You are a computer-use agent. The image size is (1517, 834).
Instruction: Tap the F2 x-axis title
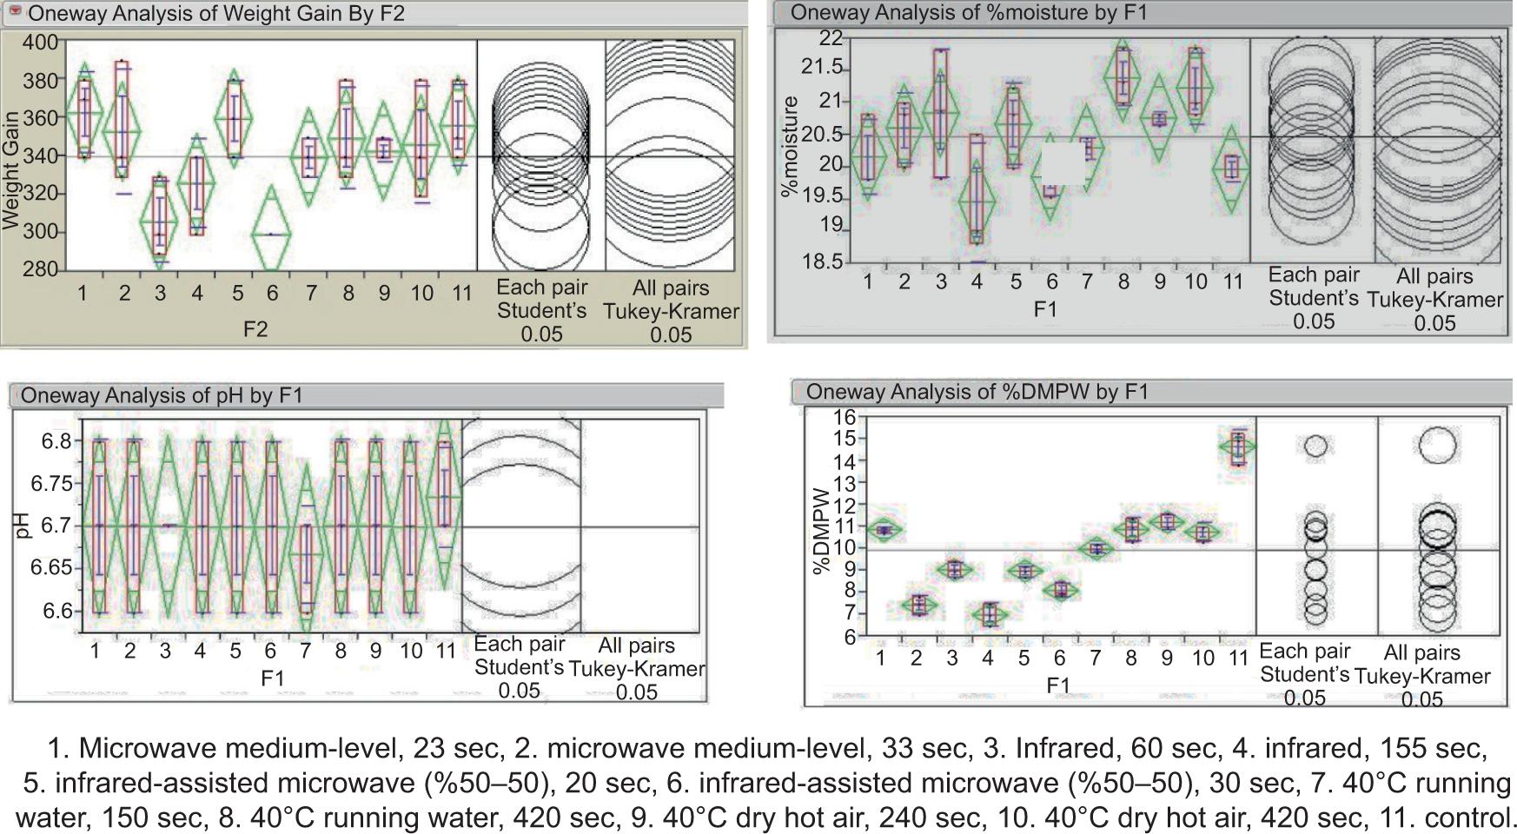pyautogui.click(x=255, y=328)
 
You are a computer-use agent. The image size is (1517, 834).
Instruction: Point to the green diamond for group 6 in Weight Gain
pyautogui.click(x=271, y=233)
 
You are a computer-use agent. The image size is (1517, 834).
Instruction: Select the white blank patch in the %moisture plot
pyautogui.click(x=1063, y=164)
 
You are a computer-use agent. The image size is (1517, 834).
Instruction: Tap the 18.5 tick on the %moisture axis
pyautogui.click(x=824, y=261)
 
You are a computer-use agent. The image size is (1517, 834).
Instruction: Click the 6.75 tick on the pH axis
pyautogui.click(x=57, y=484)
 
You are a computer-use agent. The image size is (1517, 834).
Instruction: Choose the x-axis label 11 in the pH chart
pyautogui.click(x=445, y=650)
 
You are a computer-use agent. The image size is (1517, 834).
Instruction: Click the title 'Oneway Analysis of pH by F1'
pyautogui.click(x=162, y=395)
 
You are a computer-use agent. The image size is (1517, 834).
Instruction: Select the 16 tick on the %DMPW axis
pyautogui.click(x=845, y=417)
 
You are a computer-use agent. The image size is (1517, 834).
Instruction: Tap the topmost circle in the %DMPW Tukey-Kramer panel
pyautogui.click(x=1437, y=446)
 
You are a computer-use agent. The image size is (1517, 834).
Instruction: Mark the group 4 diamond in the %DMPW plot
pyautogui.click(x=989, y=614)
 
